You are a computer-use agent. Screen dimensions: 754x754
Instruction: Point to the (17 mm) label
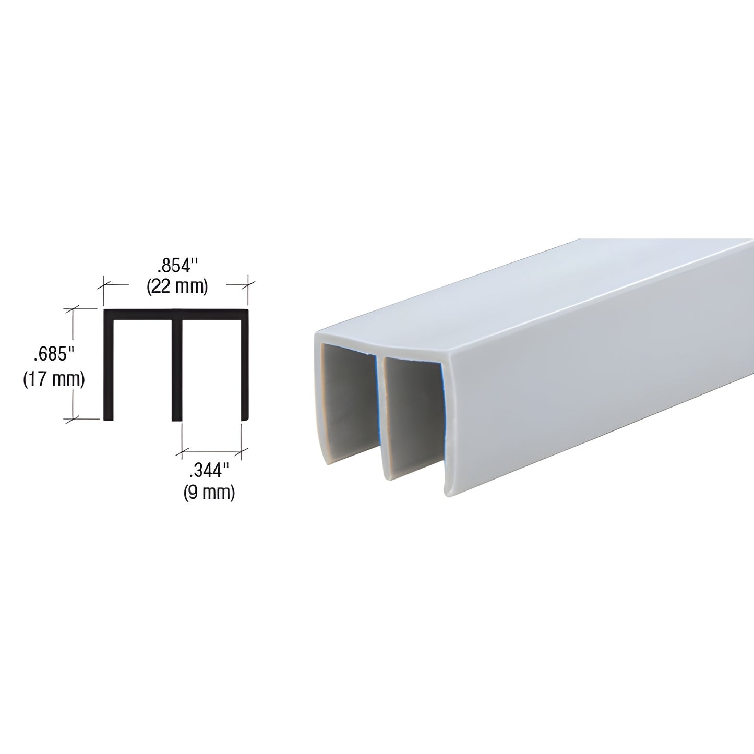(x=54, y=379)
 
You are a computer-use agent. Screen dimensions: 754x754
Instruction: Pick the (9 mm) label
(x=209, y=492)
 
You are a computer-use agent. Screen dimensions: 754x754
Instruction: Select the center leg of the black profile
(x=177, y=370)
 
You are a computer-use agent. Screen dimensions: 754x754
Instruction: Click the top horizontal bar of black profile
(x=176, y=314)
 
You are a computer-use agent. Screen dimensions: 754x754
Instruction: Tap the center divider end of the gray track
(x=380, y=417)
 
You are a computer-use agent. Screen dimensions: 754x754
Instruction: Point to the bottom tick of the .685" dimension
(x=73, y=418)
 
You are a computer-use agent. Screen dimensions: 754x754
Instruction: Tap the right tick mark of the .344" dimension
(x=241, y=450)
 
